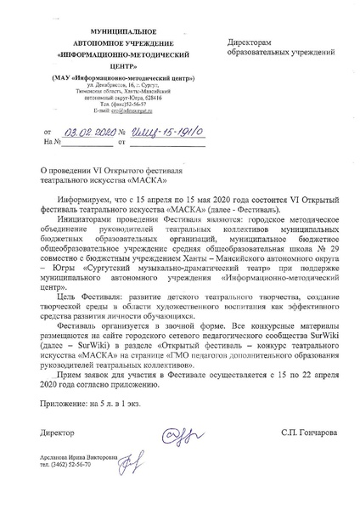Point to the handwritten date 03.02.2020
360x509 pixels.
click(87, 133)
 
